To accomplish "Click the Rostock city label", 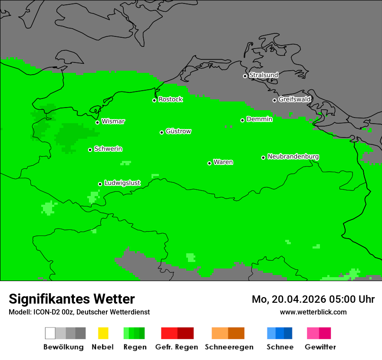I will (x=171, y=99).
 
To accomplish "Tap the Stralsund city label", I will (x=263, y=75).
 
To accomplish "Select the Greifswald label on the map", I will (x=294, y=99).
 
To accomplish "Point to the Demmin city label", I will (x=259, y=119).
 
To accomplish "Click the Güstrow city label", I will (x=178, y=131).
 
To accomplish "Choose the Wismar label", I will (x=113, y=121).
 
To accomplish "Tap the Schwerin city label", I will (x=108, y=149).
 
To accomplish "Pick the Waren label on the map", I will (x=223, y=162).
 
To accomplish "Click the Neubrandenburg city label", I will (x=293, y=157).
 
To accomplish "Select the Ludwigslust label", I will (x=122, y=183).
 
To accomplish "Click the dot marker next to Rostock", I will (x=154, y=100).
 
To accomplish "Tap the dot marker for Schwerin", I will (x=90, y=150).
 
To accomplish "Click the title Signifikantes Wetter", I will (x=72, y=299).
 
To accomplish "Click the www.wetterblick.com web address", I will (x=313, y=312).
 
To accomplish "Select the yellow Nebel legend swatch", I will (x=103, y=333).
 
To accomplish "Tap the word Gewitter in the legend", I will (x=320, y=347).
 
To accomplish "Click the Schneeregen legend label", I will (x=229, y=347).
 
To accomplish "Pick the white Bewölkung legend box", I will (x=50, y=333).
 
